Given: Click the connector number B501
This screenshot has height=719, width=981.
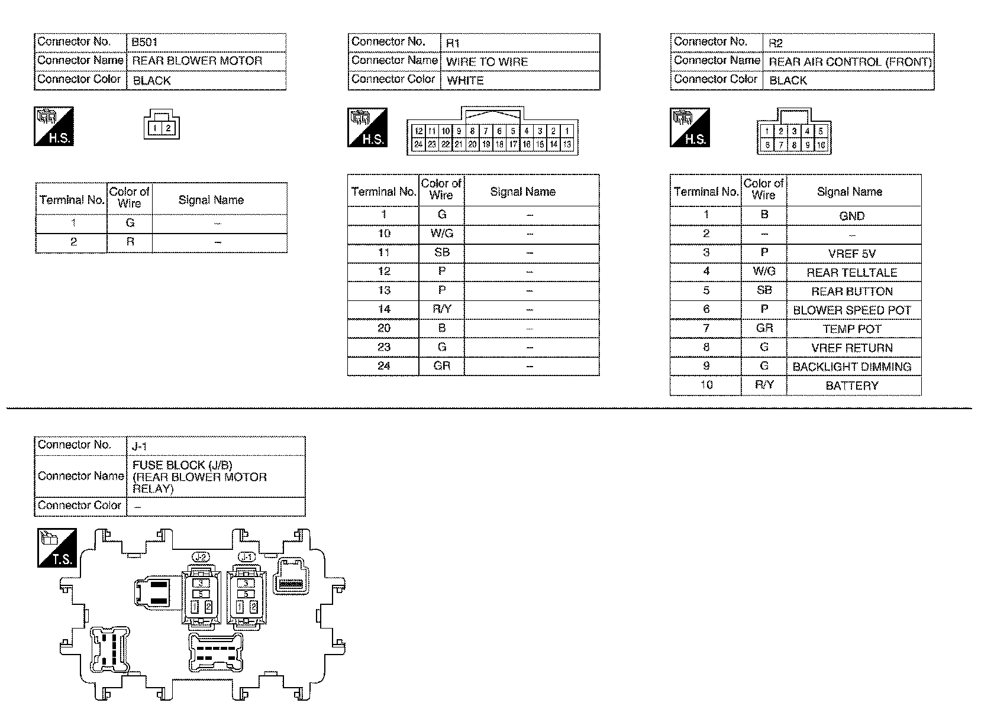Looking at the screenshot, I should [x=144, y=43].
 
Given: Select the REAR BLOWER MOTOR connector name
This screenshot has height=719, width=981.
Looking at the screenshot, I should [x=197, y=61].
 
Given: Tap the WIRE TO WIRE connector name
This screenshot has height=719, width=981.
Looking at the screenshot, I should [x=486, y=61].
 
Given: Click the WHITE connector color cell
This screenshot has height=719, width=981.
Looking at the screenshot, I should [x=465, y=80].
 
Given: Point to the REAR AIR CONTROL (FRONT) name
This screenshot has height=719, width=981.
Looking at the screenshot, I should [x=850, y=61].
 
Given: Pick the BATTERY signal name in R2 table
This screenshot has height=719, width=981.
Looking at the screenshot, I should [x=851, y=386].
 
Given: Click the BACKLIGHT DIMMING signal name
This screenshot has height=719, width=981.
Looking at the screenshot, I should [x=851, y=367].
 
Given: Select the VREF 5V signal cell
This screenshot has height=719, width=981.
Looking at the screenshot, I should [x=851, y=254].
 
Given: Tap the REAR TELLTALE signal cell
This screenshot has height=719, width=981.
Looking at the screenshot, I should [x=851, y=273].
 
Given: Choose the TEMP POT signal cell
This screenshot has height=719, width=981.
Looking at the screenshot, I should [x=851, y=329].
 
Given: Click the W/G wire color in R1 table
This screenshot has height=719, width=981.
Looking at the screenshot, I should [x=441, y=234].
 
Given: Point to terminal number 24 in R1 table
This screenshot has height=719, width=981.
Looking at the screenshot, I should [x=384, y=365].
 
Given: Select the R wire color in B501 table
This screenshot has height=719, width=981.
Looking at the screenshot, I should [x=130, y=242].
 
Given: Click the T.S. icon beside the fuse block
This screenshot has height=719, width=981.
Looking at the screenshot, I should [x=57, y=548].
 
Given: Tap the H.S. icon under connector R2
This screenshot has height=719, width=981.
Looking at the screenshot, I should [x=690, y=128].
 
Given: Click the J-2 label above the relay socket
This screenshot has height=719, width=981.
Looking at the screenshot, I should [x=201, y=556].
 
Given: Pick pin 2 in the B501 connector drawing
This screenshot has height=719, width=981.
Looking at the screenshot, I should [x=168, y=128].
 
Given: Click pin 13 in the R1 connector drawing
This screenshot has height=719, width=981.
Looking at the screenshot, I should [x=567, y=144].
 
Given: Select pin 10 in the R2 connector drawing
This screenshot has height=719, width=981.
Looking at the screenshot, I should [x=821, y=145].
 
